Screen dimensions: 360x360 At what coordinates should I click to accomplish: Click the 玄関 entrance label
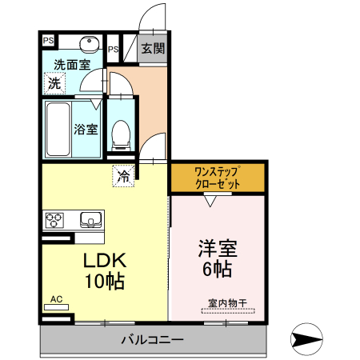(x=153, y=48)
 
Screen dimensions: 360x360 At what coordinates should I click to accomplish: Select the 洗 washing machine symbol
(x=54, y=82)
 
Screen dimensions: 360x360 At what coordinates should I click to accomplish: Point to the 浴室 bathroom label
(x=86, y=128)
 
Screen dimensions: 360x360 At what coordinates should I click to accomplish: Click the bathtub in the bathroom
(x=58, y=129)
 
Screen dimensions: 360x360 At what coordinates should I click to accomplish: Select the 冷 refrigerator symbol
(x=123, y=175)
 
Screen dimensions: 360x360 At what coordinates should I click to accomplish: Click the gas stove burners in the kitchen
(x=55, y=218)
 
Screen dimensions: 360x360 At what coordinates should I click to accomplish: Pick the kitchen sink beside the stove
(x=90, y=218)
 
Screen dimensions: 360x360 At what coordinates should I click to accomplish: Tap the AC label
(x=56, y=299)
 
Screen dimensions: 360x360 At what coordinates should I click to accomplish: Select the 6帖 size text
(x=217, y=269)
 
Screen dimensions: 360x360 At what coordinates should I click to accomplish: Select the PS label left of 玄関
(x=113, y=49)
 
